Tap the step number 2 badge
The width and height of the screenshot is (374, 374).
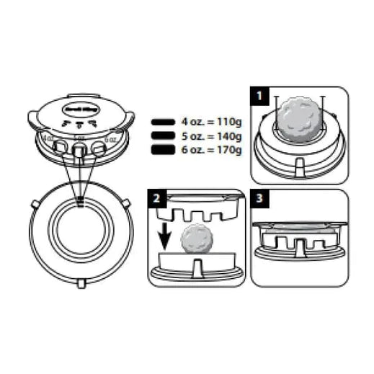[156, 197]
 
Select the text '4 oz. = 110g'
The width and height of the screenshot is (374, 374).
[211, 123]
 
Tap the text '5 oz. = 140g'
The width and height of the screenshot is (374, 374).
[211, 135]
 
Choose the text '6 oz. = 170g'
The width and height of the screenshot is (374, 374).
[211, 149]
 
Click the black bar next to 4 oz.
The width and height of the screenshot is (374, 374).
[165, 123]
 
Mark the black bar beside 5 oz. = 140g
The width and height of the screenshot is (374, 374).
[165, 135]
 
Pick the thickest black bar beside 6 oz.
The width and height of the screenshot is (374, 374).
[165, 149]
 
